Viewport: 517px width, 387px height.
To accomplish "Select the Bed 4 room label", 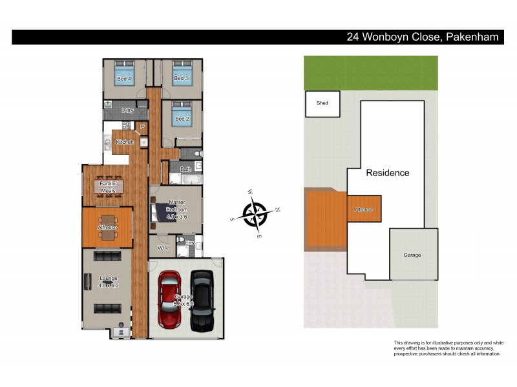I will (x=124, y=79).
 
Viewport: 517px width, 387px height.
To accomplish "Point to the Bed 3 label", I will (x=181, y=79).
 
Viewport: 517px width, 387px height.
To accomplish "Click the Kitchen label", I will (x=125, y=142).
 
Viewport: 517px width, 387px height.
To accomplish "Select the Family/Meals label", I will (x=107, y=187).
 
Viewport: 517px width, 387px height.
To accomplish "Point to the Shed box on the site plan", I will (x=322, y=103).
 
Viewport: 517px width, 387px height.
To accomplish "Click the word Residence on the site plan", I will (x=388, y=173).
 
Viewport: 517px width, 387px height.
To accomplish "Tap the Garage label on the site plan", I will (x=412, y=255).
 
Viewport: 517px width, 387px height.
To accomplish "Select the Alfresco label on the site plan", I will (x=363, y=210).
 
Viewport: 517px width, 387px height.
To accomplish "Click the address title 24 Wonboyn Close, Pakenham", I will (x=423, y=37).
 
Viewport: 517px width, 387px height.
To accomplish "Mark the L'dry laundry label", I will (x=127, y=110).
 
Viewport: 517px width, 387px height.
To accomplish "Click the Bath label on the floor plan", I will (x=185, y=169).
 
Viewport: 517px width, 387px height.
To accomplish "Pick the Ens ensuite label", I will (x=189, y=243).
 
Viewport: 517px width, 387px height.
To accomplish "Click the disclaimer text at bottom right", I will (x=448, y=348).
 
